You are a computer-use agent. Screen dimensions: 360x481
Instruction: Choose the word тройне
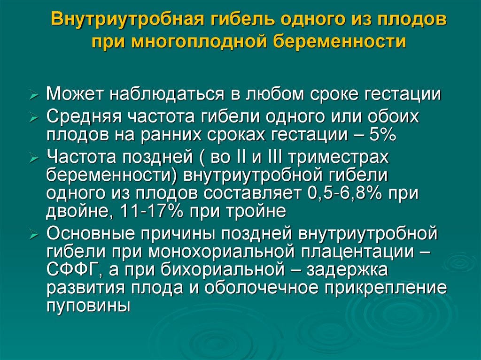click(260, 212)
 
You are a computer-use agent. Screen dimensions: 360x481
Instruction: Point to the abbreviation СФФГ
click(71, 271)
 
